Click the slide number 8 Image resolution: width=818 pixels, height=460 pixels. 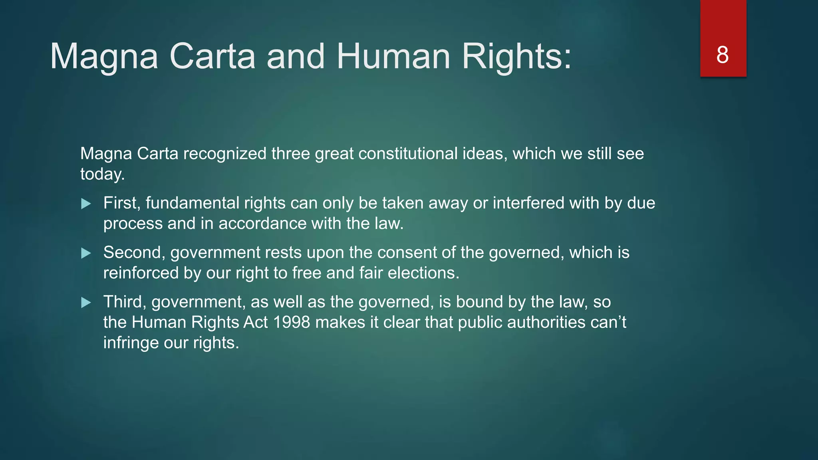[723, 55]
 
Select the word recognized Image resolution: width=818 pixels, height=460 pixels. [225, 154]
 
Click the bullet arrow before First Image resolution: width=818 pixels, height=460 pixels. [86, 204]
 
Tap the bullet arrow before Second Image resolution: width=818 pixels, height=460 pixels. [86, 253]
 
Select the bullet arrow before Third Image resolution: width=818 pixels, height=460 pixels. [86, 303]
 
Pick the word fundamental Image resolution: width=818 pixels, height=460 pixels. [192, 203]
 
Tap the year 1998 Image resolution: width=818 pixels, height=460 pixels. [292, 322]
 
